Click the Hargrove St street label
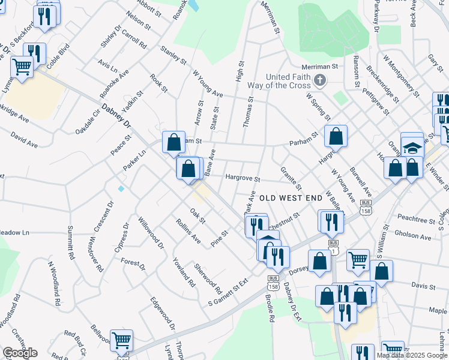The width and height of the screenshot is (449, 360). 243,178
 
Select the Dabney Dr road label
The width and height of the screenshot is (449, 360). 116,116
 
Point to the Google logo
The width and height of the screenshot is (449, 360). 20,353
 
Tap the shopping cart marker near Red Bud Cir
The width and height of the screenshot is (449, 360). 121,340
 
